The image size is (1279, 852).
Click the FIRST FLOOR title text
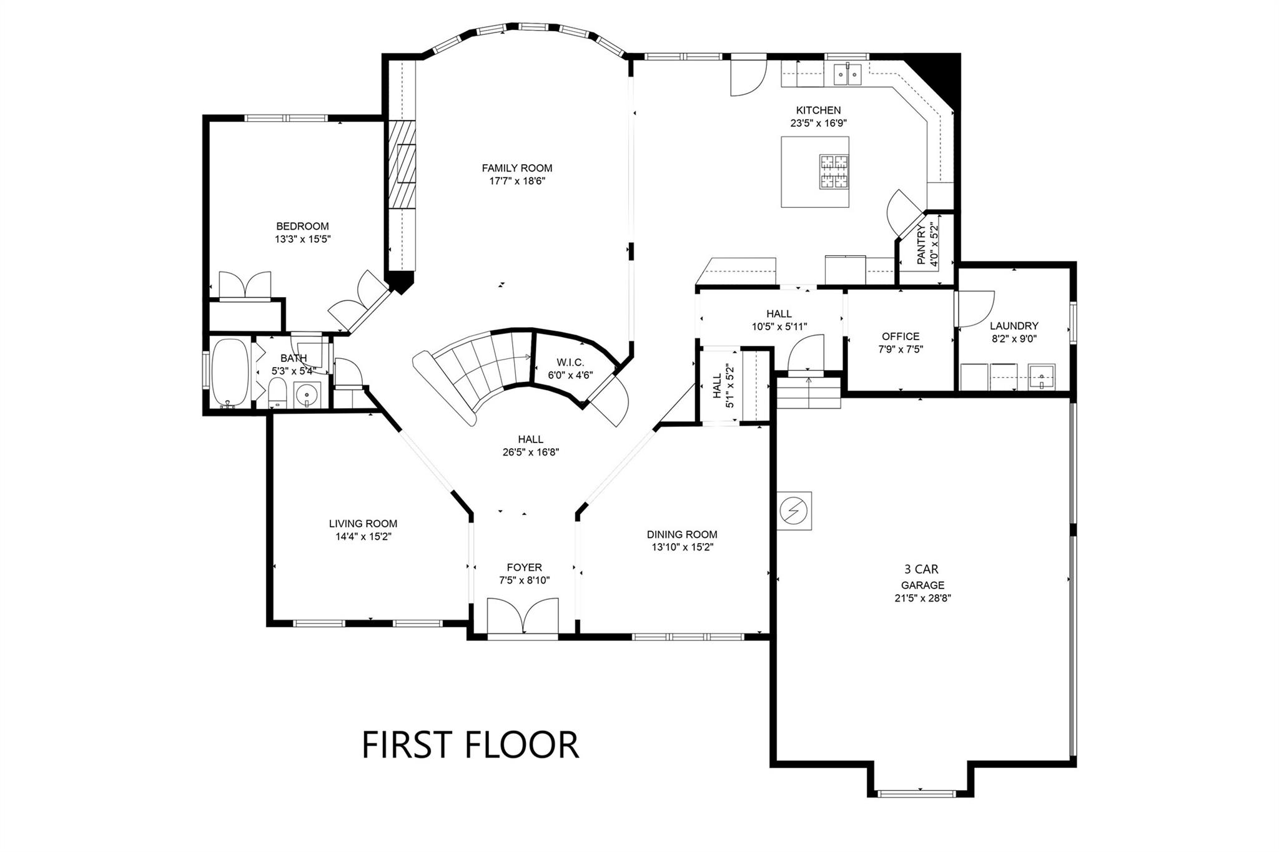click(x=470, y=745)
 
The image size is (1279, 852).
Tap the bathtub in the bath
click(x=229, y=373)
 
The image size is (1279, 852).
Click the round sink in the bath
click(x=307, y=394)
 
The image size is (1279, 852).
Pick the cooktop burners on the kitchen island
click(x=834, y=172)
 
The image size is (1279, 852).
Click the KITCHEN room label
click(x=818, y=110)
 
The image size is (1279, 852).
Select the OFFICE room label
click(x=901, y=336)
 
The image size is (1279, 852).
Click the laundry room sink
click(x=1041, y=377)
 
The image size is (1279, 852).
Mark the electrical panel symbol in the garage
click(x=794, y=511)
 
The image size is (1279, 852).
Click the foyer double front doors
click(x=523, y=618)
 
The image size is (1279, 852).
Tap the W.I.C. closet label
click(x=570, y=363)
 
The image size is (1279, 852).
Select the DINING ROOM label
click(x=682, y=534)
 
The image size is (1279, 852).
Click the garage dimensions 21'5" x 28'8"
click(x=922, y=598)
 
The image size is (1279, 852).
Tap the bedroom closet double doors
click(x=245, y=285)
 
